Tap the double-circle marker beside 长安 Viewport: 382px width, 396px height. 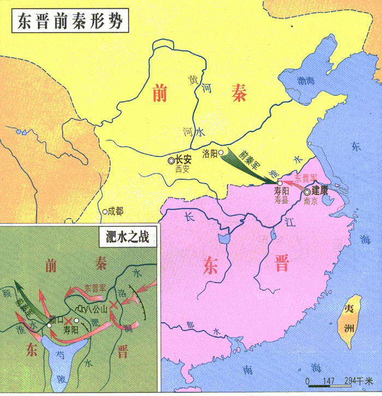pos(171,160)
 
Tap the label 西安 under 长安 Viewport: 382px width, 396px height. pos(182,170)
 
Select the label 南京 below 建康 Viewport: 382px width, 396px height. pos(310,201)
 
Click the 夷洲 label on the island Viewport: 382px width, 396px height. pos(349,319)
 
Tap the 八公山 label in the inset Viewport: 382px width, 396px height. pos(97,309)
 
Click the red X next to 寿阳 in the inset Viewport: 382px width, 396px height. pos(68,320)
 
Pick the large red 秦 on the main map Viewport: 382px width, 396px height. pos(237,95)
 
